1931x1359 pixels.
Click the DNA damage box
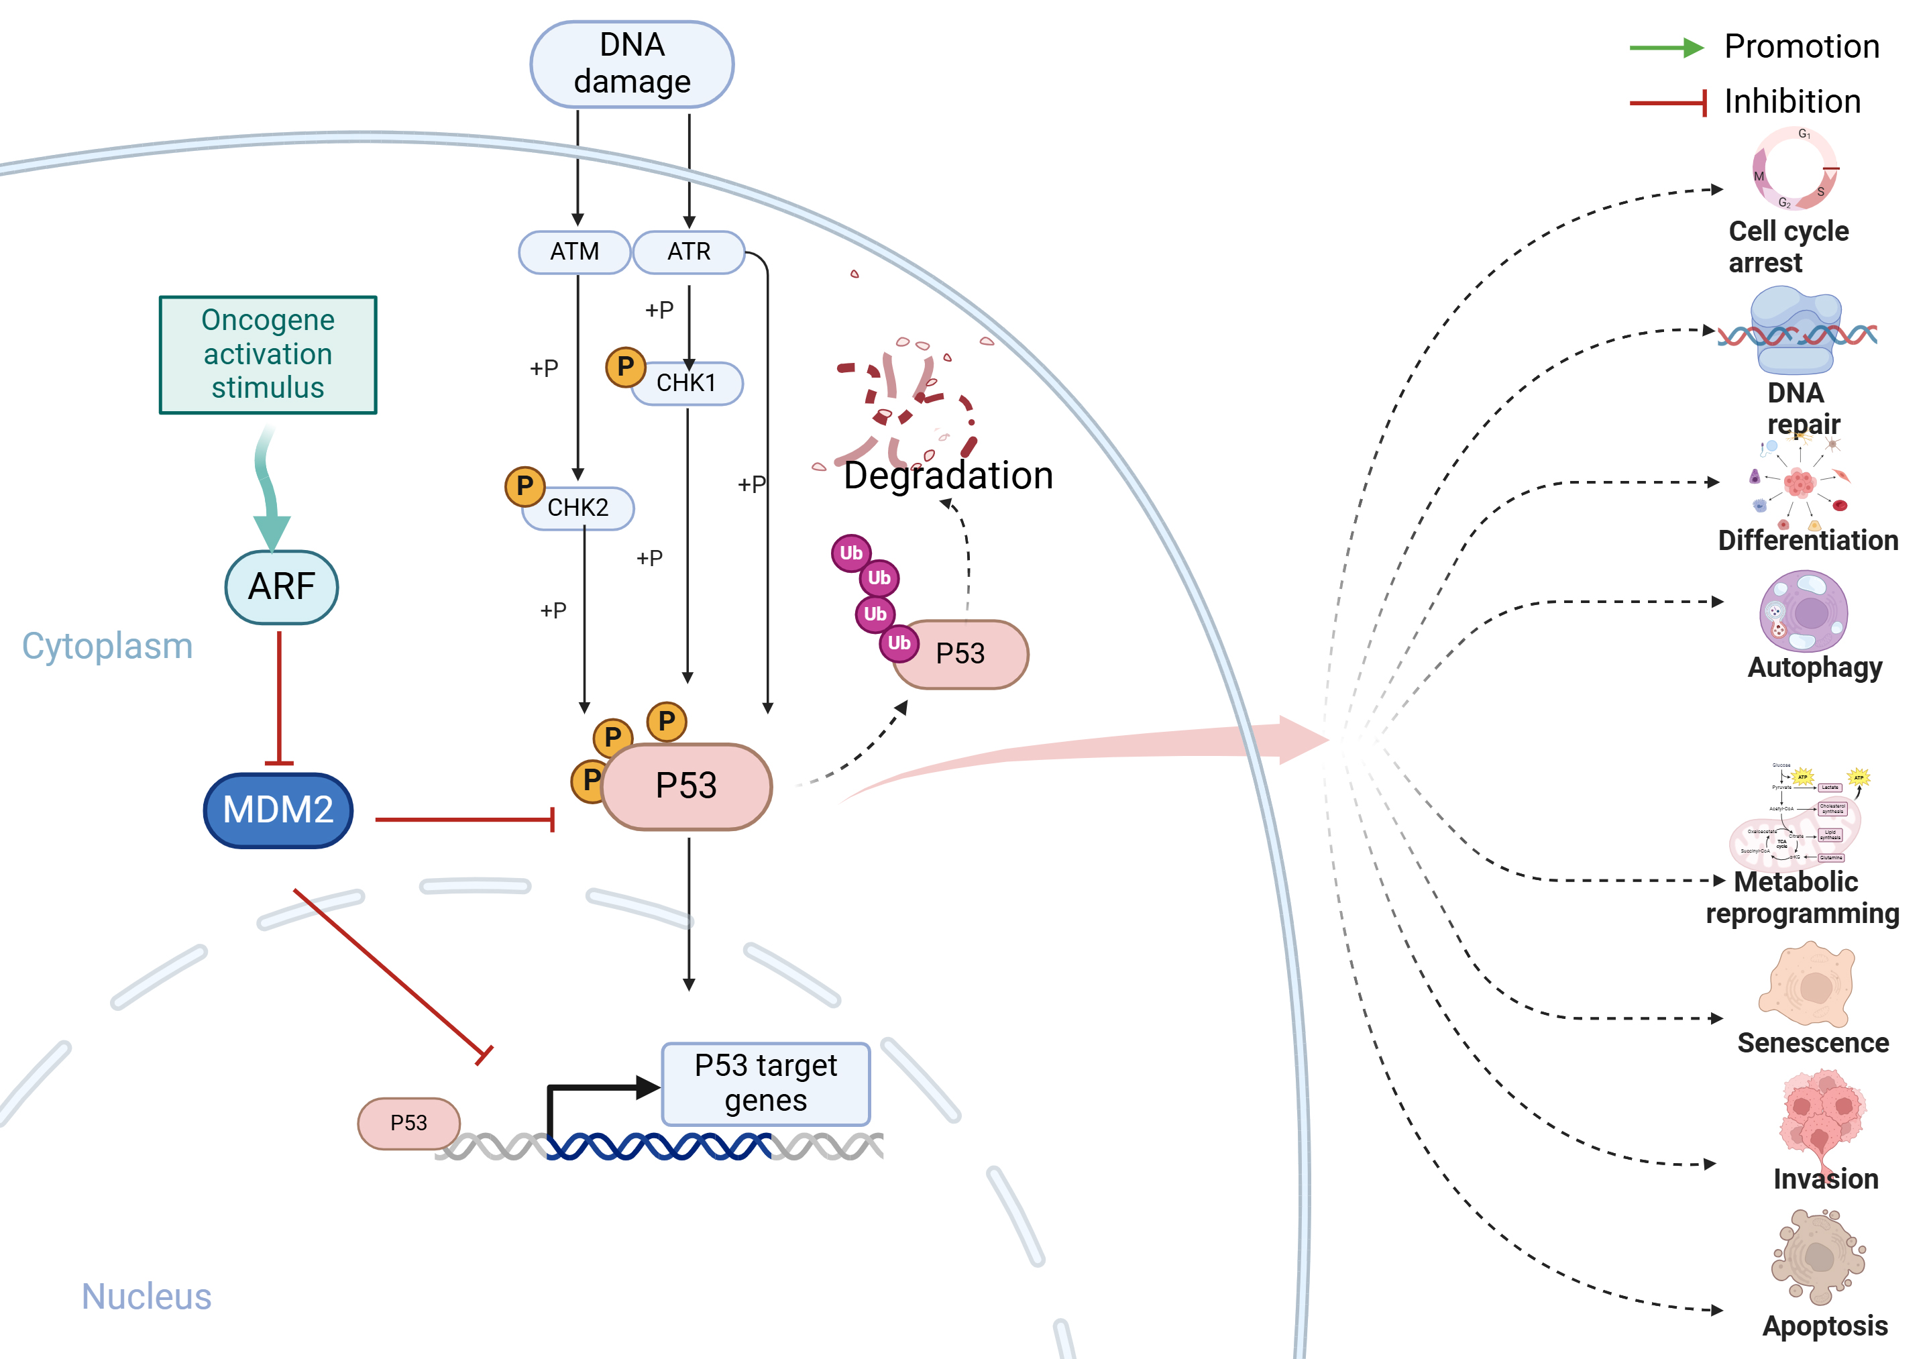click(x=632, y=64)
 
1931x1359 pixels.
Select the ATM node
click(x=574, y=252)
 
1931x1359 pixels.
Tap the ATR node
click(x=689, y=252)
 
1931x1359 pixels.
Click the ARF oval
click(x=282, y=586)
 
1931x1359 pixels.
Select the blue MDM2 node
click(x=278, y=810)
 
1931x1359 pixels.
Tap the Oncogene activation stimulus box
click(x=268, y=354)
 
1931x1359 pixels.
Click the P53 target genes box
click(x=765, y=1083)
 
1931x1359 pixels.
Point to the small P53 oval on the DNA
click(x=408, y=1123)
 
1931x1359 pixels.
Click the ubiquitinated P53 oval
click(x=961, y=653)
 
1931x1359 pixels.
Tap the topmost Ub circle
click(x=851, y=553)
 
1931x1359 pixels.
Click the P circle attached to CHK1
click(x=626, y=367)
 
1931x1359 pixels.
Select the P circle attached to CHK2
click(x=525, y=486)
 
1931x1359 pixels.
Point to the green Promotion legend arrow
click(x=1666, y=48)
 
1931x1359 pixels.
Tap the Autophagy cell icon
click(x=1803, y=611)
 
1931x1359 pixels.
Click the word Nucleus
click(x=146, y=1296)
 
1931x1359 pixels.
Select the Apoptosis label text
click(x=1825, y=1326)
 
